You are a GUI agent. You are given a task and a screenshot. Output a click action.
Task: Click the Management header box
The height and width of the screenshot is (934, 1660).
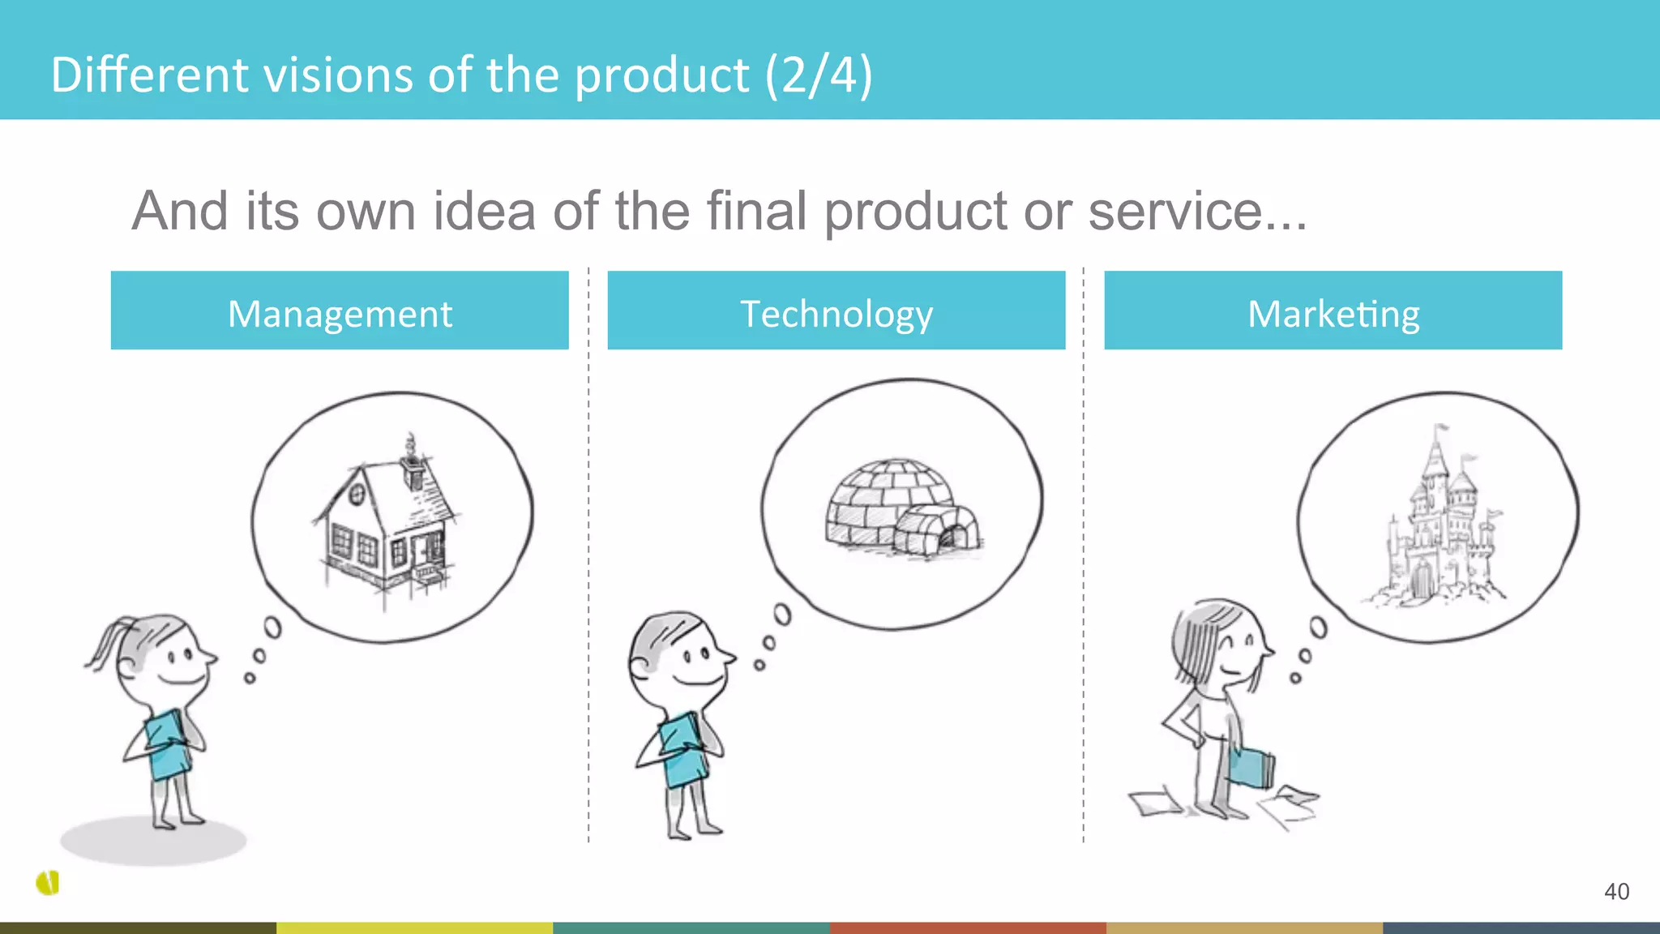pyautogui.click(x=340, y=311)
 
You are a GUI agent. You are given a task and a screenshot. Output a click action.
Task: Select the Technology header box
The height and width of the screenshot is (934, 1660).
pyautogui.click(x=836, y=311)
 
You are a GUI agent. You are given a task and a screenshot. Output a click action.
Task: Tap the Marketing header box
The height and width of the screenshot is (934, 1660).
pyautogui.click(x=1333, y=311)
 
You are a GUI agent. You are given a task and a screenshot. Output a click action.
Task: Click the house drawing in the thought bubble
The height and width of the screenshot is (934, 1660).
pyautogui.click(x=386, y=523)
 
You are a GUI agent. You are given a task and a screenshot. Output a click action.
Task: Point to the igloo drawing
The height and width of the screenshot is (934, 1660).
pyautogui.click(x=900, y=508)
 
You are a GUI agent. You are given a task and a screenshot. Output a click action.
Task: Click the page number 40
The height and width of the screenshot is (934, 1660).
pyautogui.click(x=1616, y=892)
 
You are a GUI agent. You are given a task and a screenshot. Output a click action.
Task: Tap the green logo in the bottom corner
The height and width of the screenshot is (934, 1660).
pyautogui.click(x=48, y=883)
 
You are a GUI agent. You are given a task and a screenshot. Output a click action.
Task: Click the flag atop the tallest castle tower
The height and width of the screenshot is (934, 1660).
pyautogui.click(x=1441, y=427)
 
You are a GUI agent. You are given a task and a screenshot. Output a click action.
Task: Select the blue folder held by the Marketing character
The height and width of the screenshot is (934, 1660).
pyautogui.click(x=1251, y=767)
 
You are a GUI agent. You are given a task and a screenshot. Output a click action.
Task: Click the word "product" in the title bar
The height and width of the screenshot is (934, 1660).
pyautogui.click(x=661, y=75)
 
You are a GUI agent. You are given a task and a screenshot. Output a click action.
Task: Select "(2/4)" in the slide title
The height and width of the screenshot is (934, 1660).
pyautogui.click(x=819, y=75)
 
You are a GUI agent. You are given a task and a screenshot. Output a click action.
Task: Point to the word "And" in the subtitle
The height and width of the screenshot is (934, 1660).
pyautogui.click(x=180, y=212)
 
